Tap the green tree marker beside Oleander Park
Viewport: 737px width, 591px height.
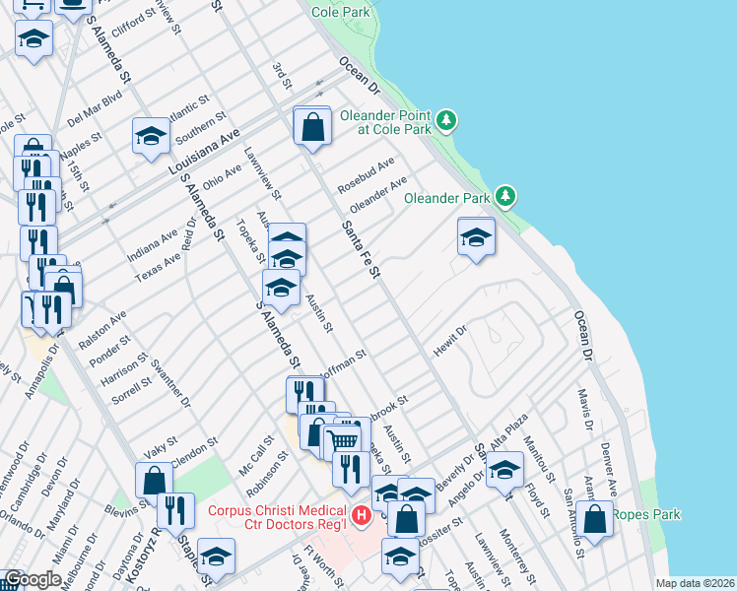click(x=505, y=197)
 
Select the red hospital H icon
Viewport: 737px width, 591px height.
click(x=362, y=514)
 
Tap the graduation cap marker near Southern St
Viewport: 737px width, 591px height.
click(x=151, y=137)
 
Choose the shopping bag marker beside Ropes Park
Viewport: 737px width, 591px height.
click(x=594, y=518)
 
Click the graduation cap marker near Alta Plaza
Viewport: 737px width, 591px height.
click(x=504, y=471)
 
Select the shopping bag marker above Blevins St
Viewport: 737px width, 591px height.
click(x=155, y=481)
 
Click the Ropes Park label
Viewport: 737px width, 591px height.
click(x=646, y=514)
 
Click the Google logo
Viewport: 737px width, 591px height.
click(x=33, y=579)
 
